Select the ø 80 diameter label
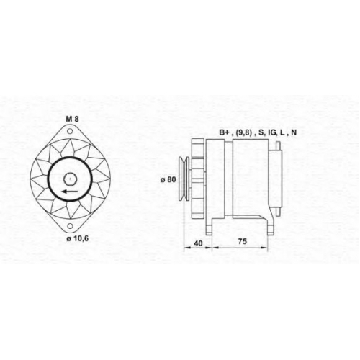(168, 179)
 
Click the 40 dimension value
(198, 243)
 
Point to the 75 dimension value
(242, 241)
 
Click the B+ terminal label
(224, 132)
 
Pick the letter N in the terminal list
(294, 132)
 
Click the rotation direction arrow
(70, 192)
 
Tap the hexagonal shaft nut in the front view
(70, 179)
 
